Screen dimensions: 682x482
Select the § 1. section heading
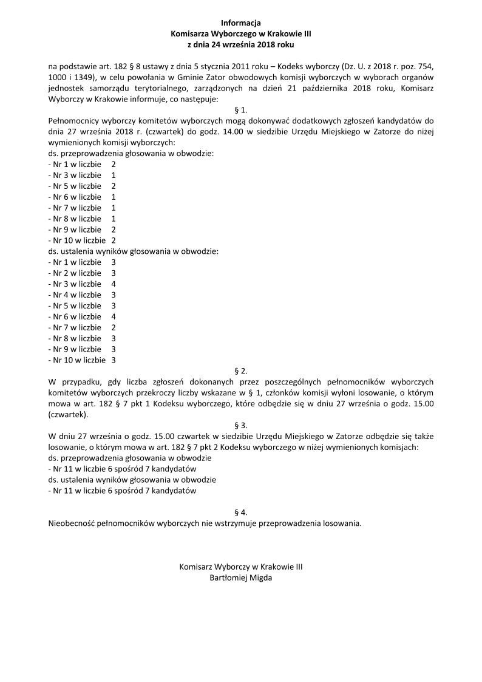coord(241,111)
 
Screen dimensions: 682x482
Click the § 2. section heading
coord(241,370)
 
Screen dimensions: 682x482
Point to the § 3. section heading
coord(241,425)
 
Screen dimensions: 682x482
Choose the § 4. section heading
coord(241,512)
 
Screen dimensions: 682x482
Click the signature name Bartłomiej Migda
coord(241,578)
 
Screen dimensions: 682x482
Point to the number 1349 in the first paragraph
coord(88,78)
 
